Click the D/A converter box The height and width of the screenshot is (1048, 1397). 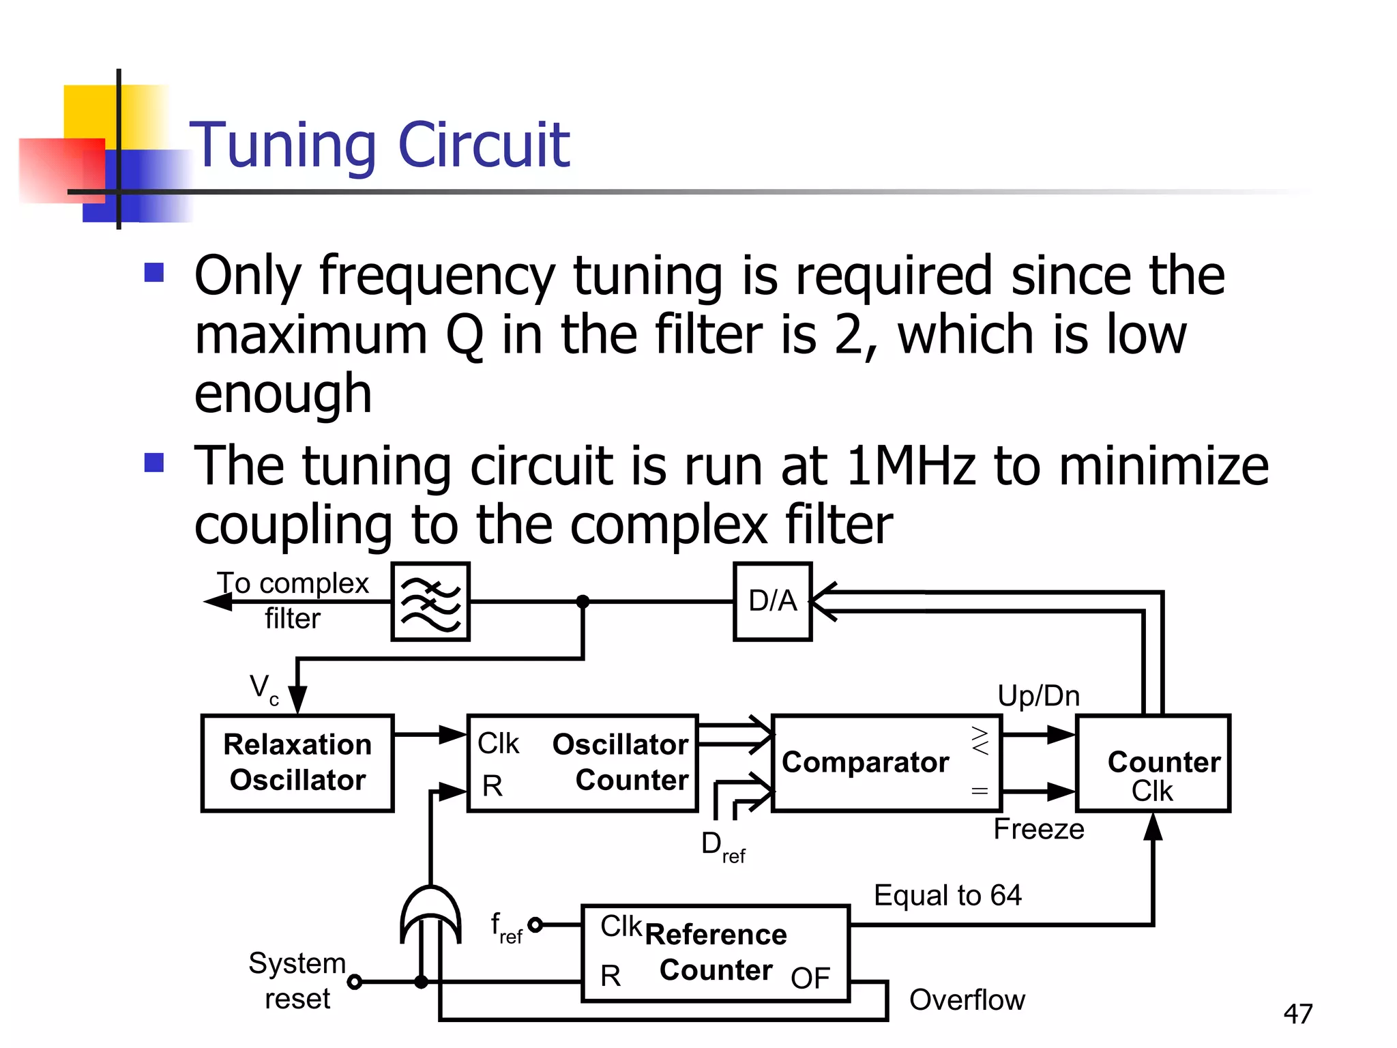(772, 601)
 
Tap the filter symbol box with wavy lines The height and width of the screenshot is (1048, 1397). (430, 601)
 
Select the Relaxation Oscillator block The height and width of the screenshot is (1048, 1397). (297, 762)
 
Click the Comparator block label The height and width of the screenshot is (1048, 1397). (865, 762)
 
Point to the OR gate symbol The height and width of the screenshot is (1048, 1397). (430, 914)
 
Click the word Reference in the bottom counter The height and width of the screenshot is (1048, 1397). (715, 935)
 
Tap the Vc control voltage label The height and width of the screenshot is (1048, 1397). (263, 688)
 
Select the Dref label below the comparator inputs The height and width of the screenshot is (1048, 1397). (722, 846)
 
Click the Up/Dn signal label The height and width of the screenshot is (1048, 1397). (1038, 696)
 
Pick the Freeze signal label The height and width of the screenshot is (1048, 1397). (1038, 829)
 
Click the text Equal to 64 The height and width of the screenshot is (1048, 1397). (947, 895)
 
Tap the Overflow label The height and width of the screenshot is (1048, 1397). (967, 1000)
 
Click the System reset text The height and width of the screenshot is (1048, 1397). (297, 981)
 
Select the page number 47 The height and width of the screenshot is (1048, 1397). (1297, 1014)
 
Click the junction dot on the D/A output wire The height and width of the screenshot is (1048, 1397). (583, 601)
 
